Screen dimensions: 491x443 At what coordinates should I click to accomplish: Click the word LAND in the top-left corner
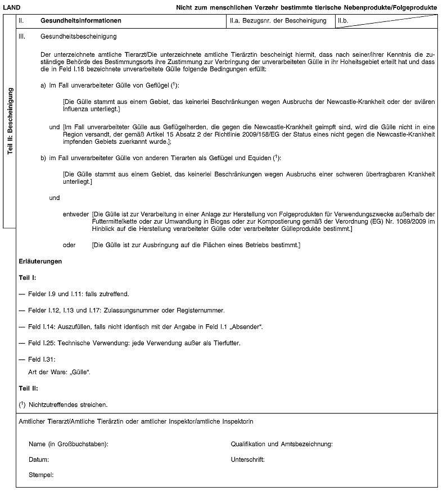click(13, 6)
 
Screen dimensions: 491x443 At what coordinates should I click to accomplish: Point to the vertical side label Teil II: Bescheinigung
click(9, 121)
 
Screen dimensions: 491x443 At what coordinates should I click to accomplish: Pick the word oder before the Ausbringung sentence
click(69, 245)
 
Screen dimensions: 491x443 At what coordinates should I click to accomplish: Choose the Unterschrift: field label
click(248, 460)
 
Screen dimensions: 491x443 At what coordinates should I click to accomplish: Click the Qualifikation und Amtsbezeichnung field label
click(282, 444)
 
